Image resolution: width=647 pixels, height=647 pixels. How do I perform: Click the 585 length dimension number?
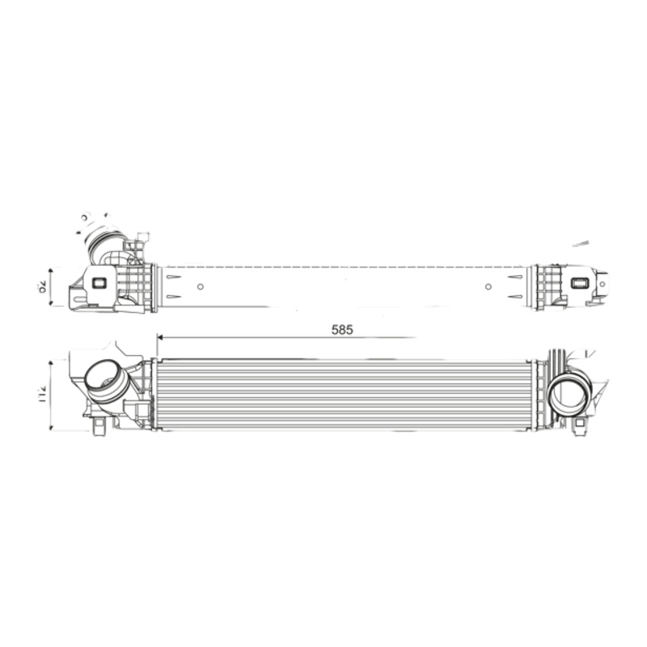tap(343, 329)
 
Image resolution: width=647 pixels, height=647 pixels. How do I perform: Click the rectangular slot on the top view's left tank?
tap(99, 283)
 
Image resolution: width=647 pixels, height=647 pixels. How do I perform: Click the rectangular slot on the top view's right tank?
tap(580, 283)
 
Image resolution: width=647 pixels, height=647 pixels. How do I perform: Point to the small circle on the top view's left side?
tap(201, 285)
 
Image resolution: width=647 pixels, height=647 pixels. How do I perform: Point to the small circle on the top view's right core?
tap(488, 286)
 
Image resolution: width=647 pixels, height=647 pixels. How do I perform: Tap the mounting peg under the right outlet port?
tap(579, 427)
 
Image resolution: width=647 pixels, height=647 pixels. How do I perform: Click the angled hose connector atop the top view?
tap(105, 244)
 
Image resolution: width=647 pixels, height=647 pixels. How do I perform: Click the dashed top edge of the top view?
tap(340, 266)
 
